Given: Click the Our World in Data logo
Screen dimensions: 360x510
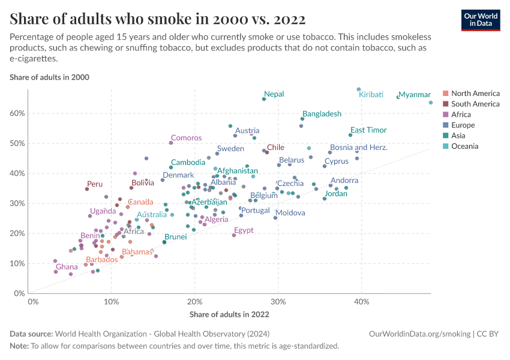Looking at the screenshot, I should tap(480, 19).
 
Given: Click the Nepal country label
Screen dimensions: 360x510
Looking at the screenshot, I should tap(274, 94).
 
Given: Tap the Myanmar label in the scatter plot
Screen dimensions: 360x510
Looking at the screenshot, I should tap(415, 95).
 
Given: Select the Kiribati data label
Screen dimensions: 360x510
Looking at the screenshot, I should tap(371, 95).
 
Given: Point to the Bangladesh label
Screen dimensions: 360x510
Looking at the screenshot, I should tap(322, 114).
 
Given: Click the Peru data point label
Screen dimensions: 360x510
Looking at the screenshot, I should tap(94, 184).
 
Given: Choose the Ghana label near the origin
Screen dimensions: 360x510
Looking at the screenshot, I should tap(67, 267).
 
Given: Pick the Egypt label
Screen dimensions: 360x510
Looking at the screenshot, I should tap(244, 230).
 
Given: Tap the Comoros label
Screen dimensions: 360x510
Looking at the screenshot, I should tap(186, 138).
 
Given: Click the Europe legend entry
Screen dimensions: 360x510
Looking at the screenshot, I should tap(463, 125).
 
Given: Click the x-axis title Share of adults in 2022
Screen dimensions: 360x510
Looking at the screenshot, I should tap(229, 314).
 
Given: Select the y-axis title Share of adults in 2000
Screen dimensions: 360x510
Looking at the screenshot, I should tap(49, 77).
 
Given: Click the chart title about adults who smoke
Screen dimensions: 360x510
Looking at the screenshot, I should tap(158, 19).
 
